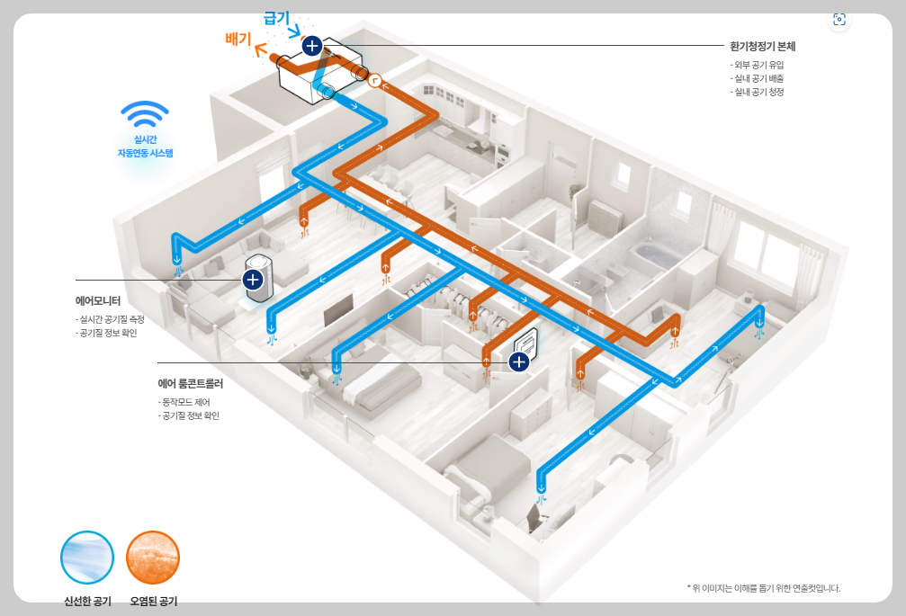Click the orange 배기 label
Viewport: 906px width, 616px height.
pyautogui.click(x=238, y=39)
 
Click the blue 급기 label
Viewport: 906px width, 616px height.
pyautogui.click(x=276, y=18)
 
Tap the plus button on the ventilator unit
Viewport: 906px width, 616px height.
pyautogui.click(x=311, y=45)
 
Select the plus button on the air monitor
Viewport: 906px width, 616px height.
pyautogui.click(x=254, y=280)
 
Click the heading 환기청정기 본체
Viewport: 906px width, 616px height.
pyautogui.click(x=762, y=46)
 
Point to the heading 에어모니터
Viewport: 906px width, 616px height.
pyautogui.click(x=98, y=301)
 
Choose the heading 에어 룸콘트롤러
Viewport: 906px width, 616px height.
pyautogui.click(x=191, y=383)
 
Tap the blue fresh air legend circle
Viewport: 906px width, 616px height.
pyautogui.click(x=87, y=557)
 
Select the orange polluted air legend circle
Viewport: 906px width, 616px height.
pyautogui.click(x=153, y=557)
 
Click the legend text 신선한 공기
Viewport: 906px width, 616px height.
pyautogui.click(x=87, y=601)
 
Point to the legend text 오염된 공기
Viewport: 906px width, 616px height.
pyautogui.click(x=153, y=601)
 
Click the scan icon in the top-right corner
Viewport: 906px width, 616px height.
pyautogui.click(x=839, y=20)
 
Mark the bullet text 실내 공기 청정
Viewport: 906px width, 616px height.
pyautogui.click(x=758, y=92)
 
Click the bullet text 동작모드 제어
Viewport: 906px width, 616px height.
pyautogui.click(x=184, y=401)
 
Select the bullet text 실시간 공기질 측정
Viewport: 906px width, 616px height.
pyautogui.click(x=112, y=319)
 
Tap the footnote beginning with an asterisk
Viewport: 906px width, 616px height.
pyautogui.click(x=763, y=588)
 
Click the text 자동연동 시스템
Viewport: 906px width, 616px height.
pyautogui.click(x=145, y=153)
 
